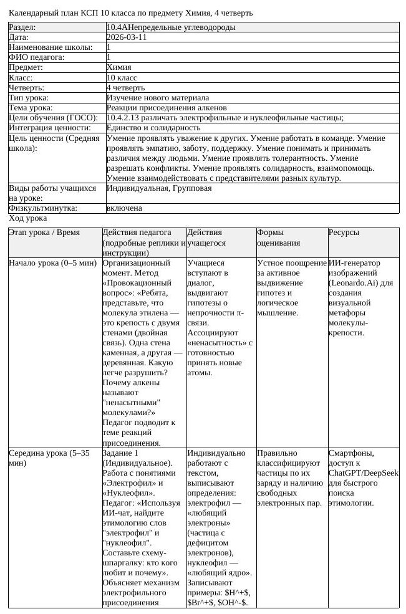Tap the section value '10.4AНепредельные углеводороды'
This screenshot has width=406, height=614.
point(171,27)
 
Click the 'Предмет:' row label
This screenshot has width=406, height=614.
point(26,67)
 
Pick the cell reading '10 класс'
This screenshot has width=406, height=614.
point(122,77)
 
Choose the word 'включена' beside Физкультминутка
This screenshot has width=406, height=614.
point(124,208)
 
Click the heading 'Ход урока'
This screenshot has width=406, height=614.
point(27,218)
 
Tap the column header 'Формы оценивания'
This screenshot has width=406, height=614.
point(278,237)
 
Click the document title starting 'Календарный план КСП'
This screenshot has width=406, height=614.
point(131,12)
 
